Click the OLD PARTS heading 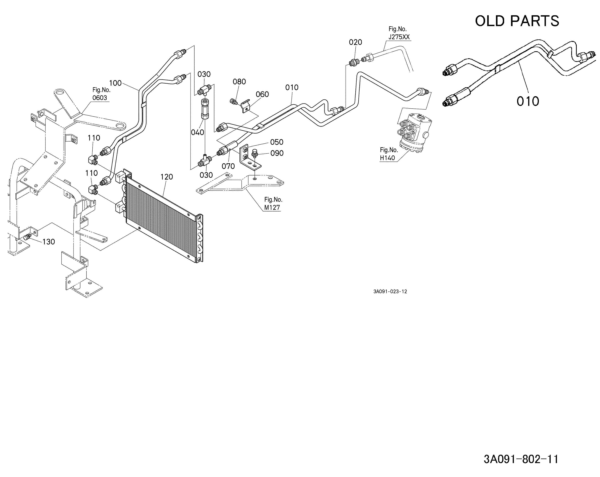pyautogui.click(x=517, y=21)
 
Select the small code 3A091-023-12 pyautogui.click(x=390, y=291)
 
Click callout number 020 pyautogui.click(x=355, y=42)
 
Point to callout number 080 pyautogui.click(x=239, y=82)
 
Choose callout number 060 pyautogui.click(x=262, y=94)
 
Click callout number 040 pyautogui.click(x=198, y=132)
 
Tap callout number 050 pyautogui.click(x=277, y=142)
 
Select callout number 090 pyautogui.click(x=277, y=153)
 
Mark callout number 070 pyautogui.click(x=228, y=166)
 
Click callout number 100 pyautogui.click(x=115, y=83)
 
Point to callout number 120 pyautogui.click(x=167, y=177)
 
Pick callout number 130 pyautogui.click(x=49, y=242)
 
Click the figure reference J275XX pyautogui.click(x=399, y=37)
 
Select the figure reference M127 pyautogui.click(x=272, y=208)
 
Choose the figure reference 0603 pyautogui.click(x=100, y=98)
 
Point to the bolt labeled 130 pyautogui.click(x=27, y=237)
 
